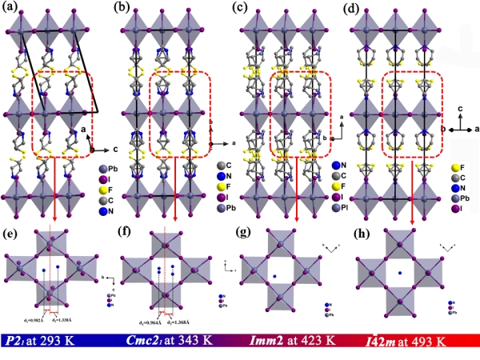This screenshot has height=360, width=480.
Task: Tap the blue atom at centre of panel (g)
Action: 276,277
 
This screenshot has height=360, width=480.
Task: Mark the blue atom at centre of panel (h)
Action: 398,277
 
